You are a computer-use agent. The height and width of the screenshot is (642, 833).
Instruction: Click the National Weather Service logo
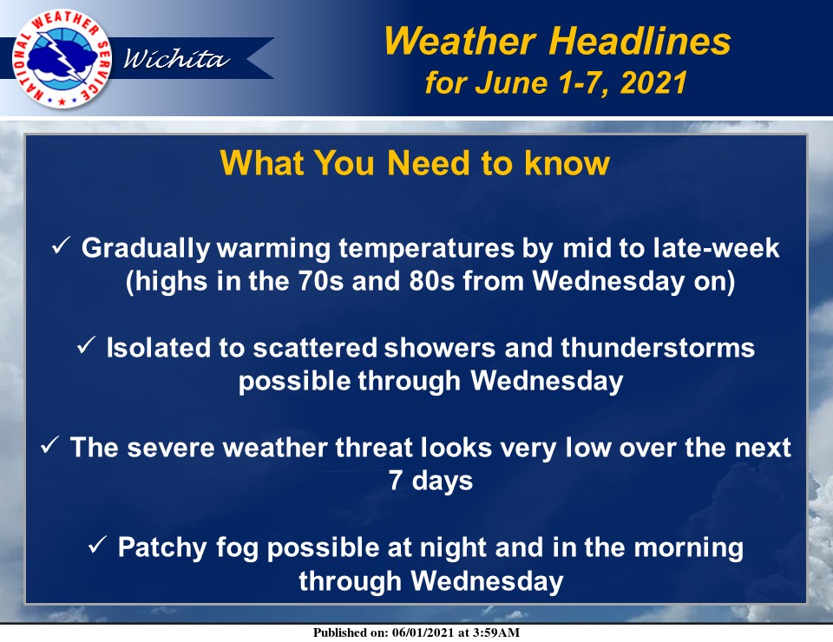coord(62,58)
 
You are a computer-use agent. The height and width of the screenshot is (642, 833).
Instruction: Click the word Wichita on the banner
coord(176,58)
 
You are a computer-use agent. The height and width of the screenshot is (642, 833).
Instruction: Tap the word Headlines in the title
coord(640,41)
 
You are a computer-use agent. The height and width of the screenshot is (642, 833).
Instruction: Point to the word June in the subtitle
coord(511,82)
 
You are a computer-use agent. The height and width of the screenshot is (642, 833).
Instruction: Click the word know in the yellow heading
coord(567,162)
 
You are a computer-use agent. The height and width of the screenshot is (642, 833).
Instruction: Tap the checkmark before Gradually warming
coord(61,246)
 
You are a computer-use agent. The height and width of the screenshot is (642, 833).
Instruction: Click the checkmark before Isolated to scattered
coord(86,345)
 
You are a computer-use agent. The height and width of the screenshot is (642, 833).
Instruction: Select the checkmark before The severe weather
coord(49,445)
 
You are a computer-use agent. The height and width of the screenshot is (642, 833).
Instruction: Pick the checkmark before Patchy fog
coord(97,544)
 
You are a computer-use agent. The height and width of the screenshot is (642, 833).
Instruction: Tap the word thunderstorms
coord(658,348)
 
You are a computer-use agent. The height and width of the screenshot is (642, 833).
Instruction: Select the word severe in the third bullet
coord(171,448)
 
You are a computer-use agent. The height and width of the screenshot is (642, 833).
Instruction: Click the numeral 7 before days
coord(396,480)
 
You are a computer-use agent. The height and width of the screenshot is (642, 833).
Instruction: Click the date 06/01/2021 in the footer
coord(423,632)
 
